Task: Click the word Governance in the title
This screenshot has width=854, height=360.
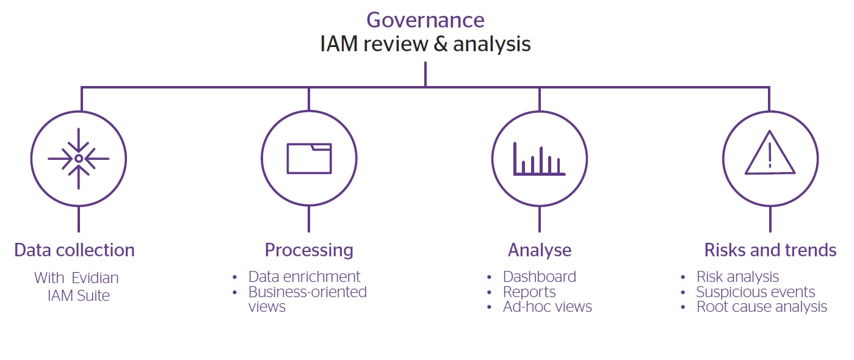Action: (425, 20)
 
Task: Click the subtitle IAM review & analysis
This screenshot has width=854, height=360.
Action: (425, 45)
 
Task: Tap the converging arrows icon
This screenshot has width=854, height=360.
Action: (79, 159)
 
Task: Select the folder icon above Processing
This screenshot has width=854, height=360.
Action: (309, 159)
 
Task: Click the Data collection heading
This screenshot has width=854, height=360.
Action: (74, 250)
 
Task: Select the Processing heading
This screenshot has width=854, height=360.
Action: (309, 250)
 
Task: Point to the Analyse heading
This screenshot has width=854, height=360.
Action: (540, 250)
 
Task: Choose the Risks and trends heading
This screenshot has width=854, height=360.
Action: (770, 250)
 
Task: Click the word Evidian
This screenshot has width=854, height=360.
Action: (95, 278)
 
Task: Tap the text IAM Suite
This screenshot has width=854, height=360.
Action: (79, 296)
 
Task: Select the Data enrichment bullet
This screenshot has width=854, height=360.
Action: (304, 277)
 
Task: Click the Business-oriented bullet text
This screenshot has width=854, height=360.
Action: (307, 292)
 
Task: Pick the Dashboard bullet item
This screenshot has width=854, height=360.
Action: (539, 277)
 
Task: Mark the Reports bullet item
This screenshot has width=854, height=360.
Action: (529, 292)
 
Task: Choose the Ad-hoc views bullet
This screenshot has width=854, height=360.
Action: (547, 307)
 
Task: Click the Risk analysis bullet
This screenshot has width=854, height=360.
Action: (737, 277)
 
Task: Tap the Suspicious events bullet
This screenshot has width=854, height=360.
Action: (756, 292)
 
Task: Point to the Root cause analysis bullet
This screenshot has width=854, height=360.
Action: (762, 307)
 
